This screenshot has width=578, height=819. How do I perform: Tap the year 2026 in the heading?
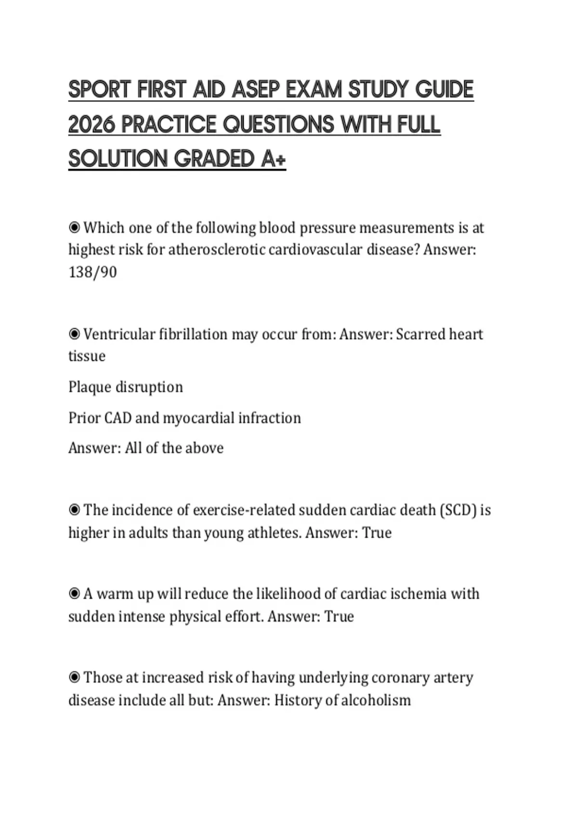pyautogui.click(x=92, y=124)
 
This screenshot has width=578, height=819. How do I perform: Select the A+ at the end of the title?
pyautogui.click(x=274, y=159)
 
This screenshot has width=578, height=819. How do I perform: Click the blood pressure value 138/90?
pyautogui.click(x=92, y=272)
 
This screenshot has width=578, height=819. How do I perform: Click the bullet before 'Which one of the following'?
pyautogui.click(x=74, y=227)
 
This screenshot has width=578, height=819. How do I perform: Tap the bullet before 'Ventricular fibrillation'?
pyautogui.click(x=74, y=334)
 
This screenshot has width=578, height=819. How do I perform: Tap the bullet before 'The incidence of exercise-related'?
pyautogui.click(x=74, y=510)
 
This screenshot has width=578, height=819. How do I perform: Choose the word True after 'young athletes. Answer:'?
pyautogui.click(x=377, y=533)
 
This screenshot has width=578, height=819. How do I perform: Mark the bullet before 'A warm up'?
pyautogui.click(x=74, y=594)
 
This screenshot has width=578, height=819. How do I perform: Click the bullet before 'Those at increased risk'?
pyautogui.click(x=74, y=677)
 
